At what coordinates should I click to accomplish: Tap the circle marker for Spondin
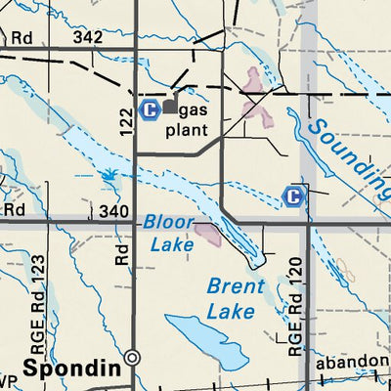point(133,358)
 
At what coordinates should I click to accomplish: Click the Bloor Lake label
point(168,234)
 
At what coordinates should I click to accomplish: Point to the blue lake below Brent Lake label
point(206,341)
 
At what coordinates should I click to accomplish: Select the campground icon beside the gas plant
point(150,108)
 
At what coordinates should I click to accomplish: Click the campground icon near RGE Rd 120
point(291,196)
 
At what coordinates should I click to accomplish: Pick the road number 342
point(86,36)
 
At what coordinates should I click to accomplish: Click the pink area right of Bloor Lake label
point(208,233)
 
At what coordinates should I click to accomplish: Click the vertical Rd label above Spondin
point(122,254)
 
